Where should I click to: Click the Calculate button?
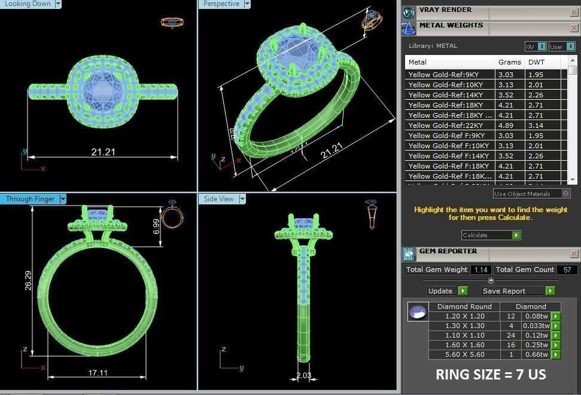point(491,235)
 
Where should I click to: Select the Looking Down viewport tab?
point(28,4)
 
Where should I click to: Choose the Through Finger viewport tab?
point(30,199)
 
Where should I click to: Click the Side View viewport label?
point(219,199)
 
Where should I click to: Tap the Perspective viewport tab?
point(221,4)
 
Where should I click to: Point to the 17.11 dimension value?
point(98,373)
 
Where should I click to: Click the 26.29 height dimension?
point(28,278)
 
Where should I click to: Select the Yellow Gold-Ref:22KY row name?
point(445,125)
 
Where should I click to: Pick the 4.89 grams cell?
point(506,125)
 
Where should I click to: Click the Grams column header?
point(509,62)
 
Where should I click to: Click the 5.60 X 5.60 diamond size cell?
point(464,355)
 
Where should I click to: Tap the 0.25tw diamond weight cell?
point(536,345)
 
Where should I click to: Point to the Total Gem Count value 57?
point(567,270)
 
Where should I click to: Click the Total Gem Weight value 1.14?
point(480,270)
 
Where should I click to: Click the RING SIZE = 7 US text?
point(490,375)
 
